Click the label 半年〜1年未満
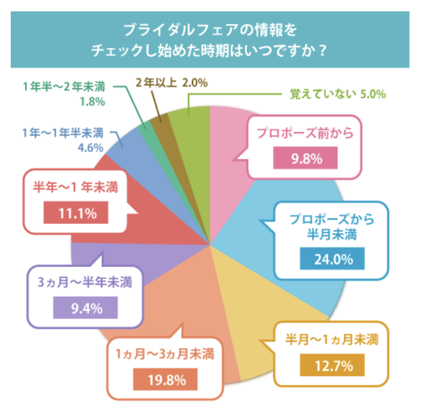pyautogui.click(x=75, y=187)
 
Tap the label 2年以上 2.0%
pyautogui.click(x=171, y=83)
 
